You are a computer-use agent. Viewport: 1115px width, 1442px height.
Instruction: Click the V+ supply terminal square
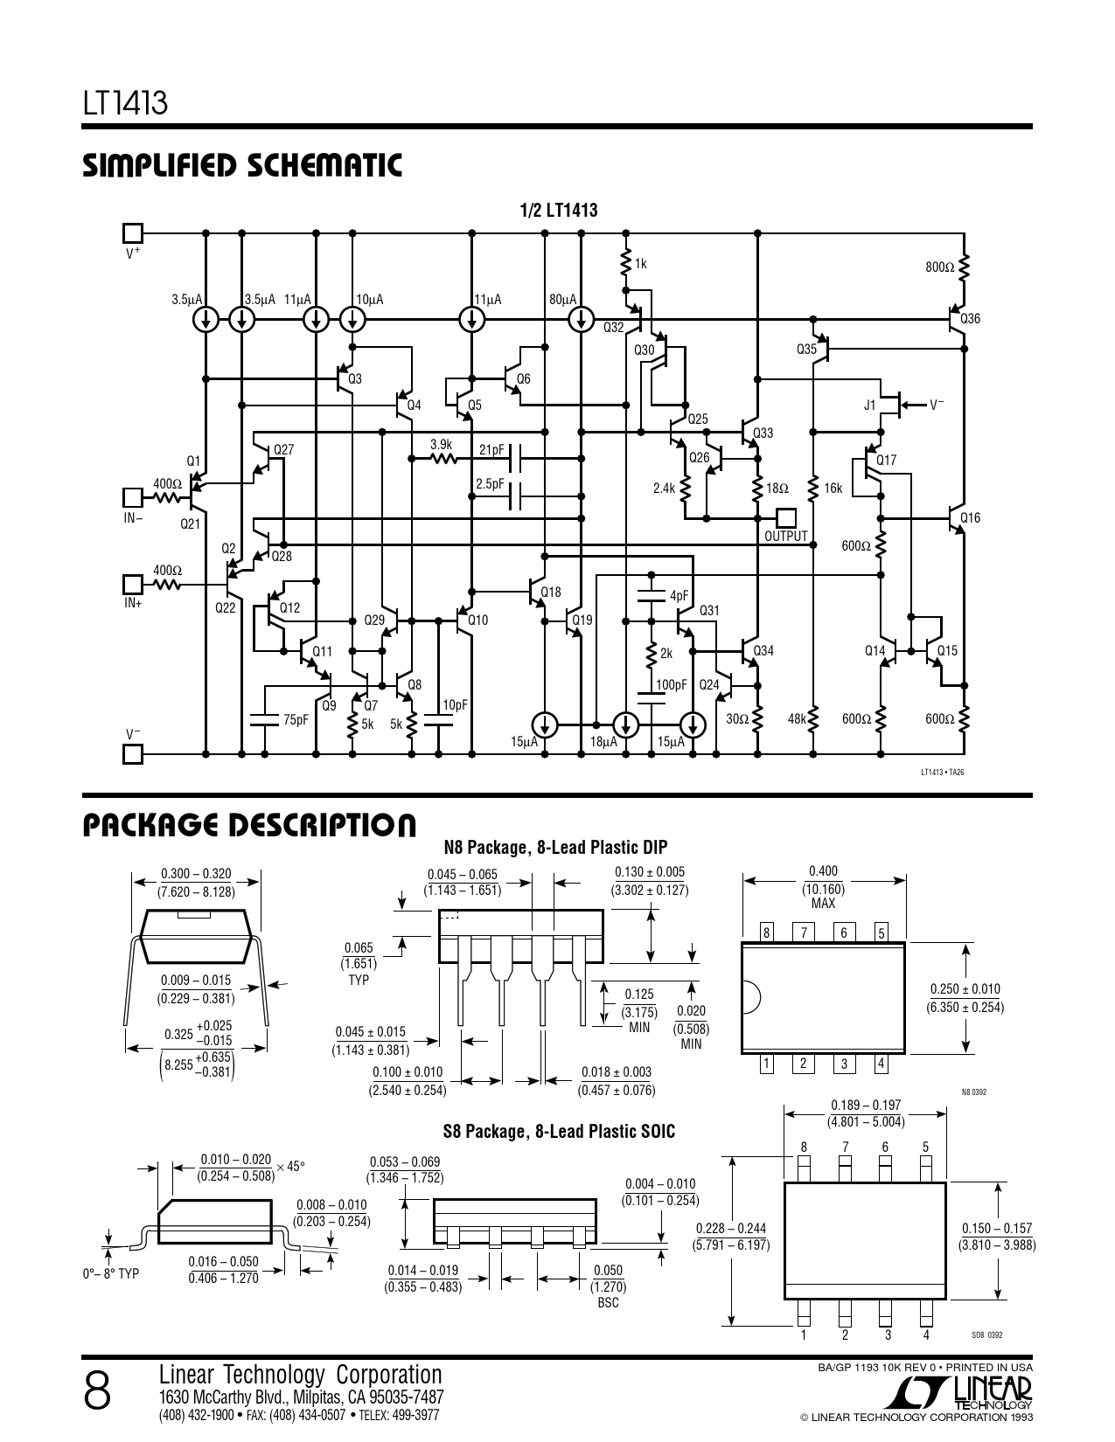click(132, 232)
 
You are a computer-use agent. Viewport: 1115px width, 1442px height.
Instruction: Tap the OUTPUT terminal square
click(785, 517)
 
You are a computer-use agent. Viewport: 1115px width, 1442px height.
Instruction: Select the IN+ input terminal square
click(132, 584)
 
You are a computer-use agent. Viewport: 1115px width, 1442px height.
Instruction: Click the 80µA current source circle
click(580, 320)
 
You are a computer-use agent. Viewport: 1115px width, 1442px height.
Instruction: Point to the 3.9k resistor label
click(441, 445)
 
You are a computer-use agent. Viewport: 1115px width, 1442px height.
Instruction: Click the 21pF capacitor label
click(492, 450)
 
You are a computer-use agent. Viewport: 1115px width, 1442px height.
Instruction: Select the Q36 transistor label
click(970, 319)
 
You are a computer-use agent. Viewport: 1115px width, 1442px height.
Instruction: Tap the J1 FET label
click(869, 406)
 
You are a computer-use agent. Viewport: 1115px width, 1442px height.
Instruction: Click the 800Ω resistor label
click(940, 267)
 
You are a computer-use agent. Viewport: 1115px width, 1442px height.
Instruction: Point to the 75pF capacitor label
click(296, 720)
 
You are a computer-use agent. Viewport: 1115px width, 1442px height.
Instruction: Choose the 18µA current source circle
click(625, 724)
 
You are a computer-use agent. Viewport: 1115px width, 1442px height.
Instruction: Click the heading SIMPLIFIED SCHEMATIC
click(242, 166)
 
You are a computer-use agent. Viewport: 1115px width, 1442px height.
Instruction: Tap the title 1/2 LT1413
click(559, 210)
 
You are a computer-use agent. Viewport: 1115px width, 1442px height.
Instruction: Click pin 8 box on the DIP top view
click(766, 932)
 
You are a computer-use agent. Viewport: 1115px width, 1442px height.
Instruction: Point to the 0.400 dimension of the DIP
click(823, 870)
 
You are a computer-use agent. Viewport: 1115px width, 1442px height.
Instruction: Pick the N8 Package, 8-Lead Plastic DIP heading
click(555, 847)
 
